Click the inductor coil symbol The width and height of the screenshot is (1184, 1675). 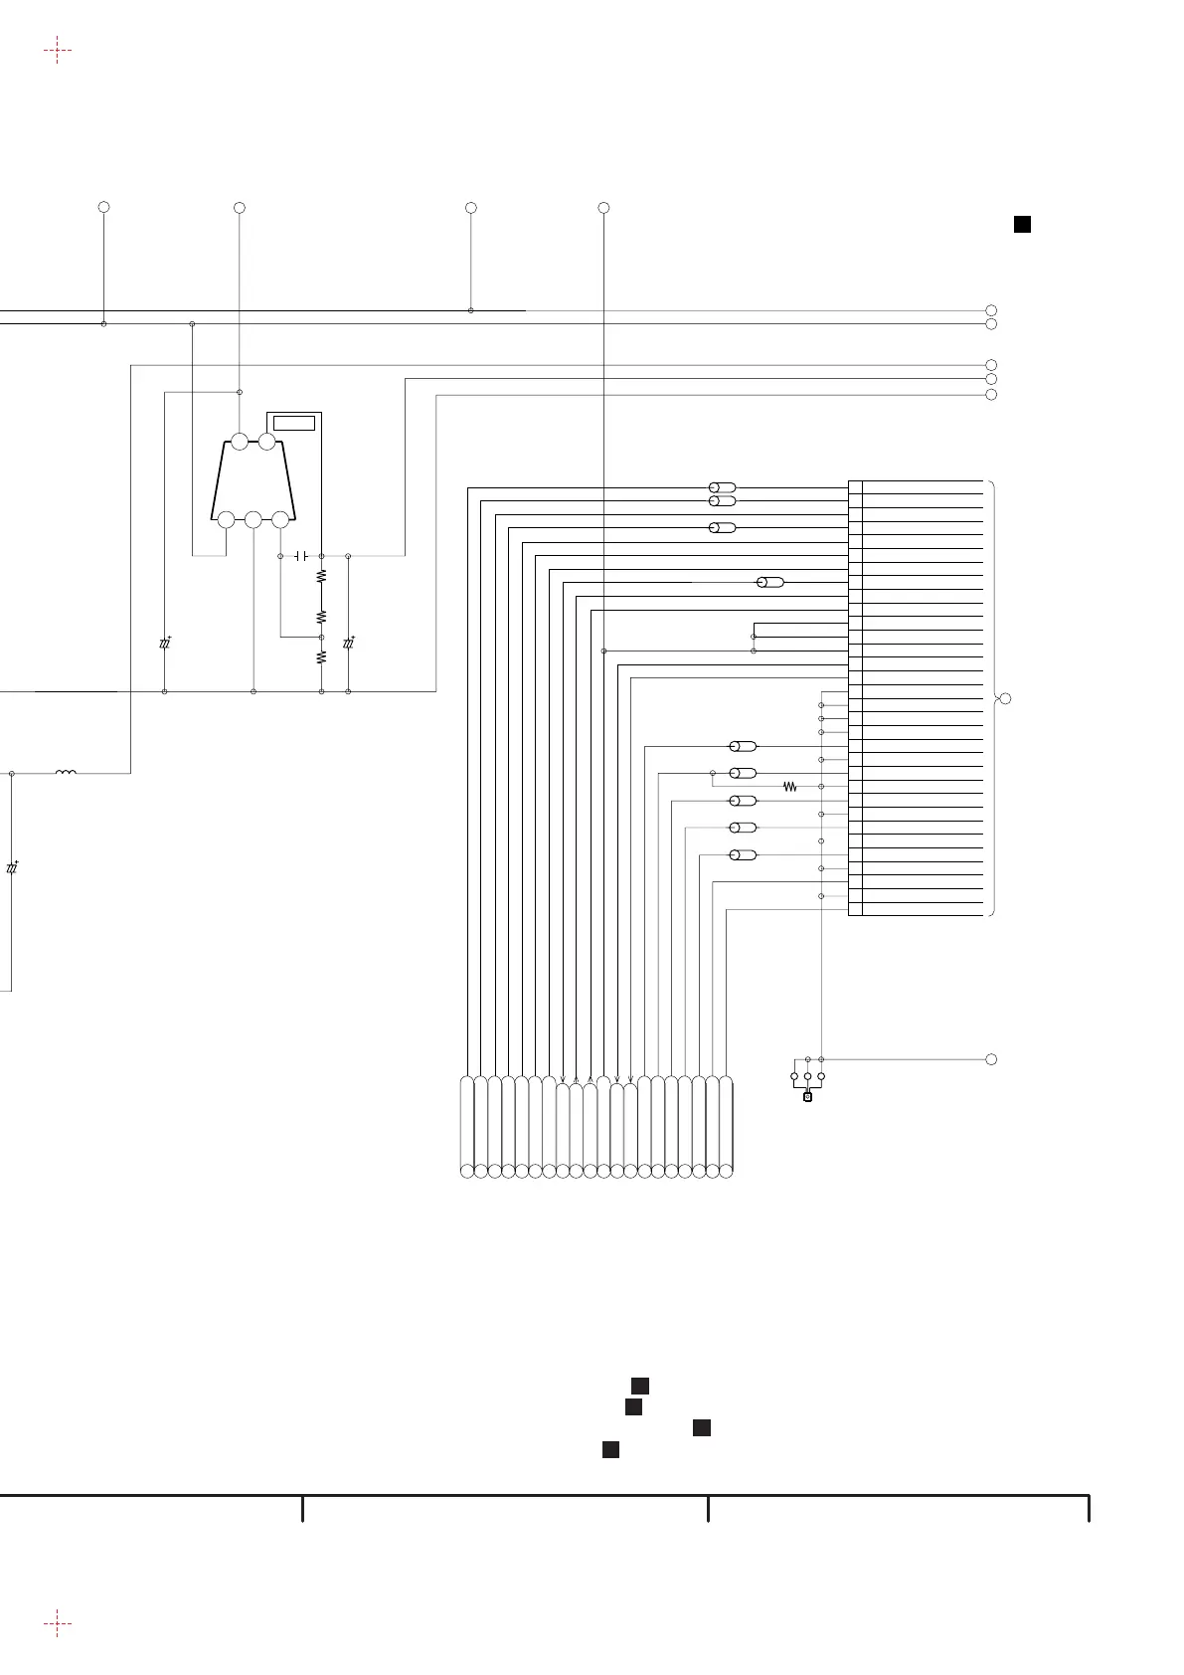click(67, 772)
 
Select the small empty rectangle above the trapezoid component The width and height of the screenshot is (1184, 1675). click(294, 424)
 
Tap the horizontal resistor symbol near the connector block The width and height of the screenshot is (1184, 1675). click(791, 787)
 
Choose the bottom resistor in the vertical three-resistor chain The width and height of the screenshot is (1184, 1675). click(321, 657)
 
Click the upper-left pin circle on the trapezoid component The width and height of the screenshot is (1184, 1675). click(240, 442)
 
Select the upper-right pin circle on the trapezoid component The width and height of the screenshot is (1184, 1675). click(266, 442)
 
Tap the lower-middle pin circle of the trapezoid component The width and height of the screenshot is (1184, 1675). click(254, 519)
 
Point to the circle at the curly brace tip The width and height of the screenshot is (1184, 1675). click(1005, 699)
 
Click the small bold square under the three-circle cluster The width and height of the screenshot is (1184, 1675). click(807, 1097)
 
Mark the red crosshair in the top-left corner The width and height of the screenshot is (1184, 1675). click(58, 51)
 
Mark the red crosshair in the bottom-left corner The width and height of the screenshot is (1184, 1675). click(58, 1624)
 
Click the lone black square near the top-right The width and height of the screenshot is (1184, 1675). click(1021, 225)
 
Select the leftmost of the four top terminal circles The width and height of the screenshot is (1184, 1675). click(103, 207)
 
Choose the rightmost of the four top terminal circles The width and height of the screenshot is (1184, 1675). click(603, 207)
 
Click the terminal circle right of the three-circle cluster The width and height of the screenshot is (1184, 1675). click(991, 1059)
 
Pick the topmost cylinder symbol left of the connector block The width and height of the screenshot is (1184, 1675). click(722, 487)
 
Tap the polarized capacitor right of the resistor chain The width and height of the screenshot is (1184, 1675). click(349, 644)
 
